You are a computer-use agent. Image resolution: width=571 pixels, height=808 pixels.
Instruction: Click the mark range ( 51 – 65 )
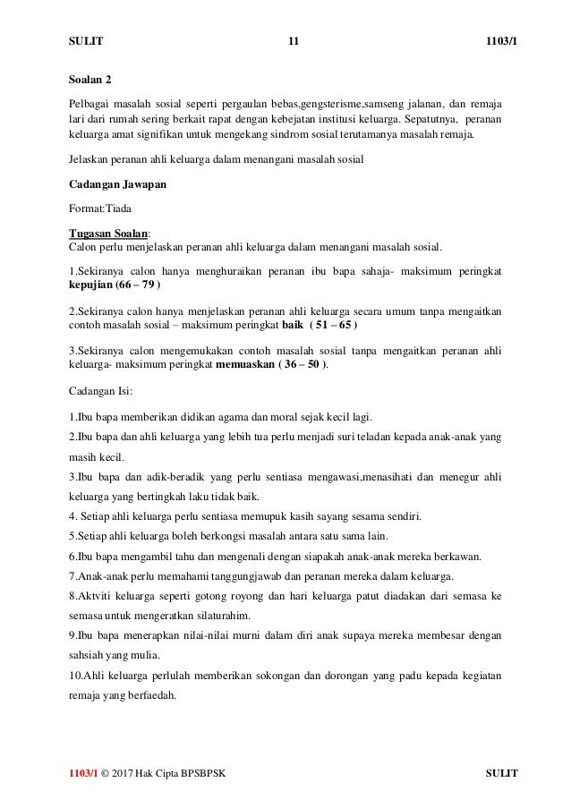pyautogui.click(x=311, y=326)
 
